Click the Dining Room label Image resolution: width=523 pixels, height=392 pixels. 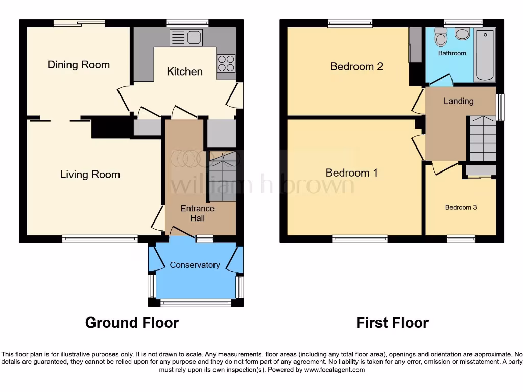click(79, 65)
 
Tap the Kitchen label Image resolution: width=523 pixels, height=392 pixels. click(184, 71)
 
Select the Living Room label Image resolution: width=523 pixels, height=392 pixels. click(90, 175)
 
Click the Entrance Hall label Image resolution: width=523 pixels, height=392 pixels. click(198, 213)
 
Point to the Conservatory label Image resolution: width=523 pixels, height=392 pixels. click(195, 265)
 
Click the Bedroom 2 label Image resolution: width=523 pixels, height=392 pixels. click(356, 66)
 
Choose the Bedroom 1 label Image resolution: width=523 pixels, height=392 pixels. click(351, 173)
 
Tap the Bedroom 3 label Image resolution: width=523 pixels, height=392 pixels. click(461, 207)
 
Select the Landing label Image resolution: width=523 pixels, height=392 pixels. click(458, 101)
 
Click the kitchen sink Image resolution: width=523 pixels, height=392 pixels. click(186, 37)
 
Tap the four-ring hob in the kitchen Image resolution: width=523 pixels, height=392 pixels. click(226, 63)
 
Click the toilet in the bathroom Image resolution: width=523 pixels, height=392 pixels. click(440, 37)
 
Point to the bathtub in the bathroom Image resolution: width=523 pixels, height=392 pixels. click(485, 55)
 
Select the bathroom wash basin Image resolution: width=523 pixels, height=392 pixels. click(462, 34)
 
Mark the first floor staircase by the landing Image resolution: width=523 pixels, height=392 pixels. click(483, 138)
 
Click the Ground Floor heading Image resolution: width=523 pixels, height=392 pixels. click(132, 323)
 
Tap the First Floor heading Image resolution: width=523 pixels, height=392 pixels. click(392, 323)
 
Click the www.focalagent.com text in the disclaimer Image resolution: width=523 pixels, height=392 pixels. click(334, 370)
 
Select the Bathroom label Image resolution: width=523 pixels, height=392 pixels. click(452, 53)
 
